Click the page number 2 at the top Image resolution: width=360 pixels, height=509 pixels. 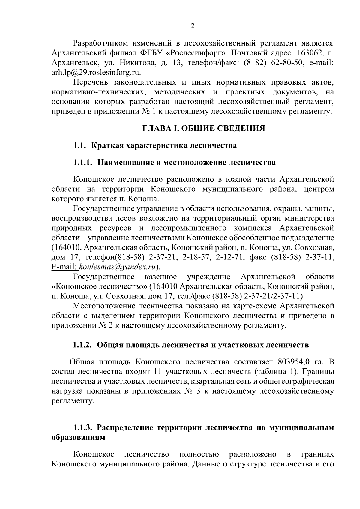193,26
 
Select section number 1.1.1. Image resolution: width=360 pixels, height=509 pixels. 83,163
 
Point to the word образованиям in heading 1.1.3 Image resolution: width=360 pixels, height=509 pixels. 78,437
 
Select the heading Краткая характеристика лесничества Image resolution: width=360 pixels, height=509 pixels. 164,145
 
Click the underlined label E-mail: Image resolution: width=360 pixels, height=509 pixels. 64,267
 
